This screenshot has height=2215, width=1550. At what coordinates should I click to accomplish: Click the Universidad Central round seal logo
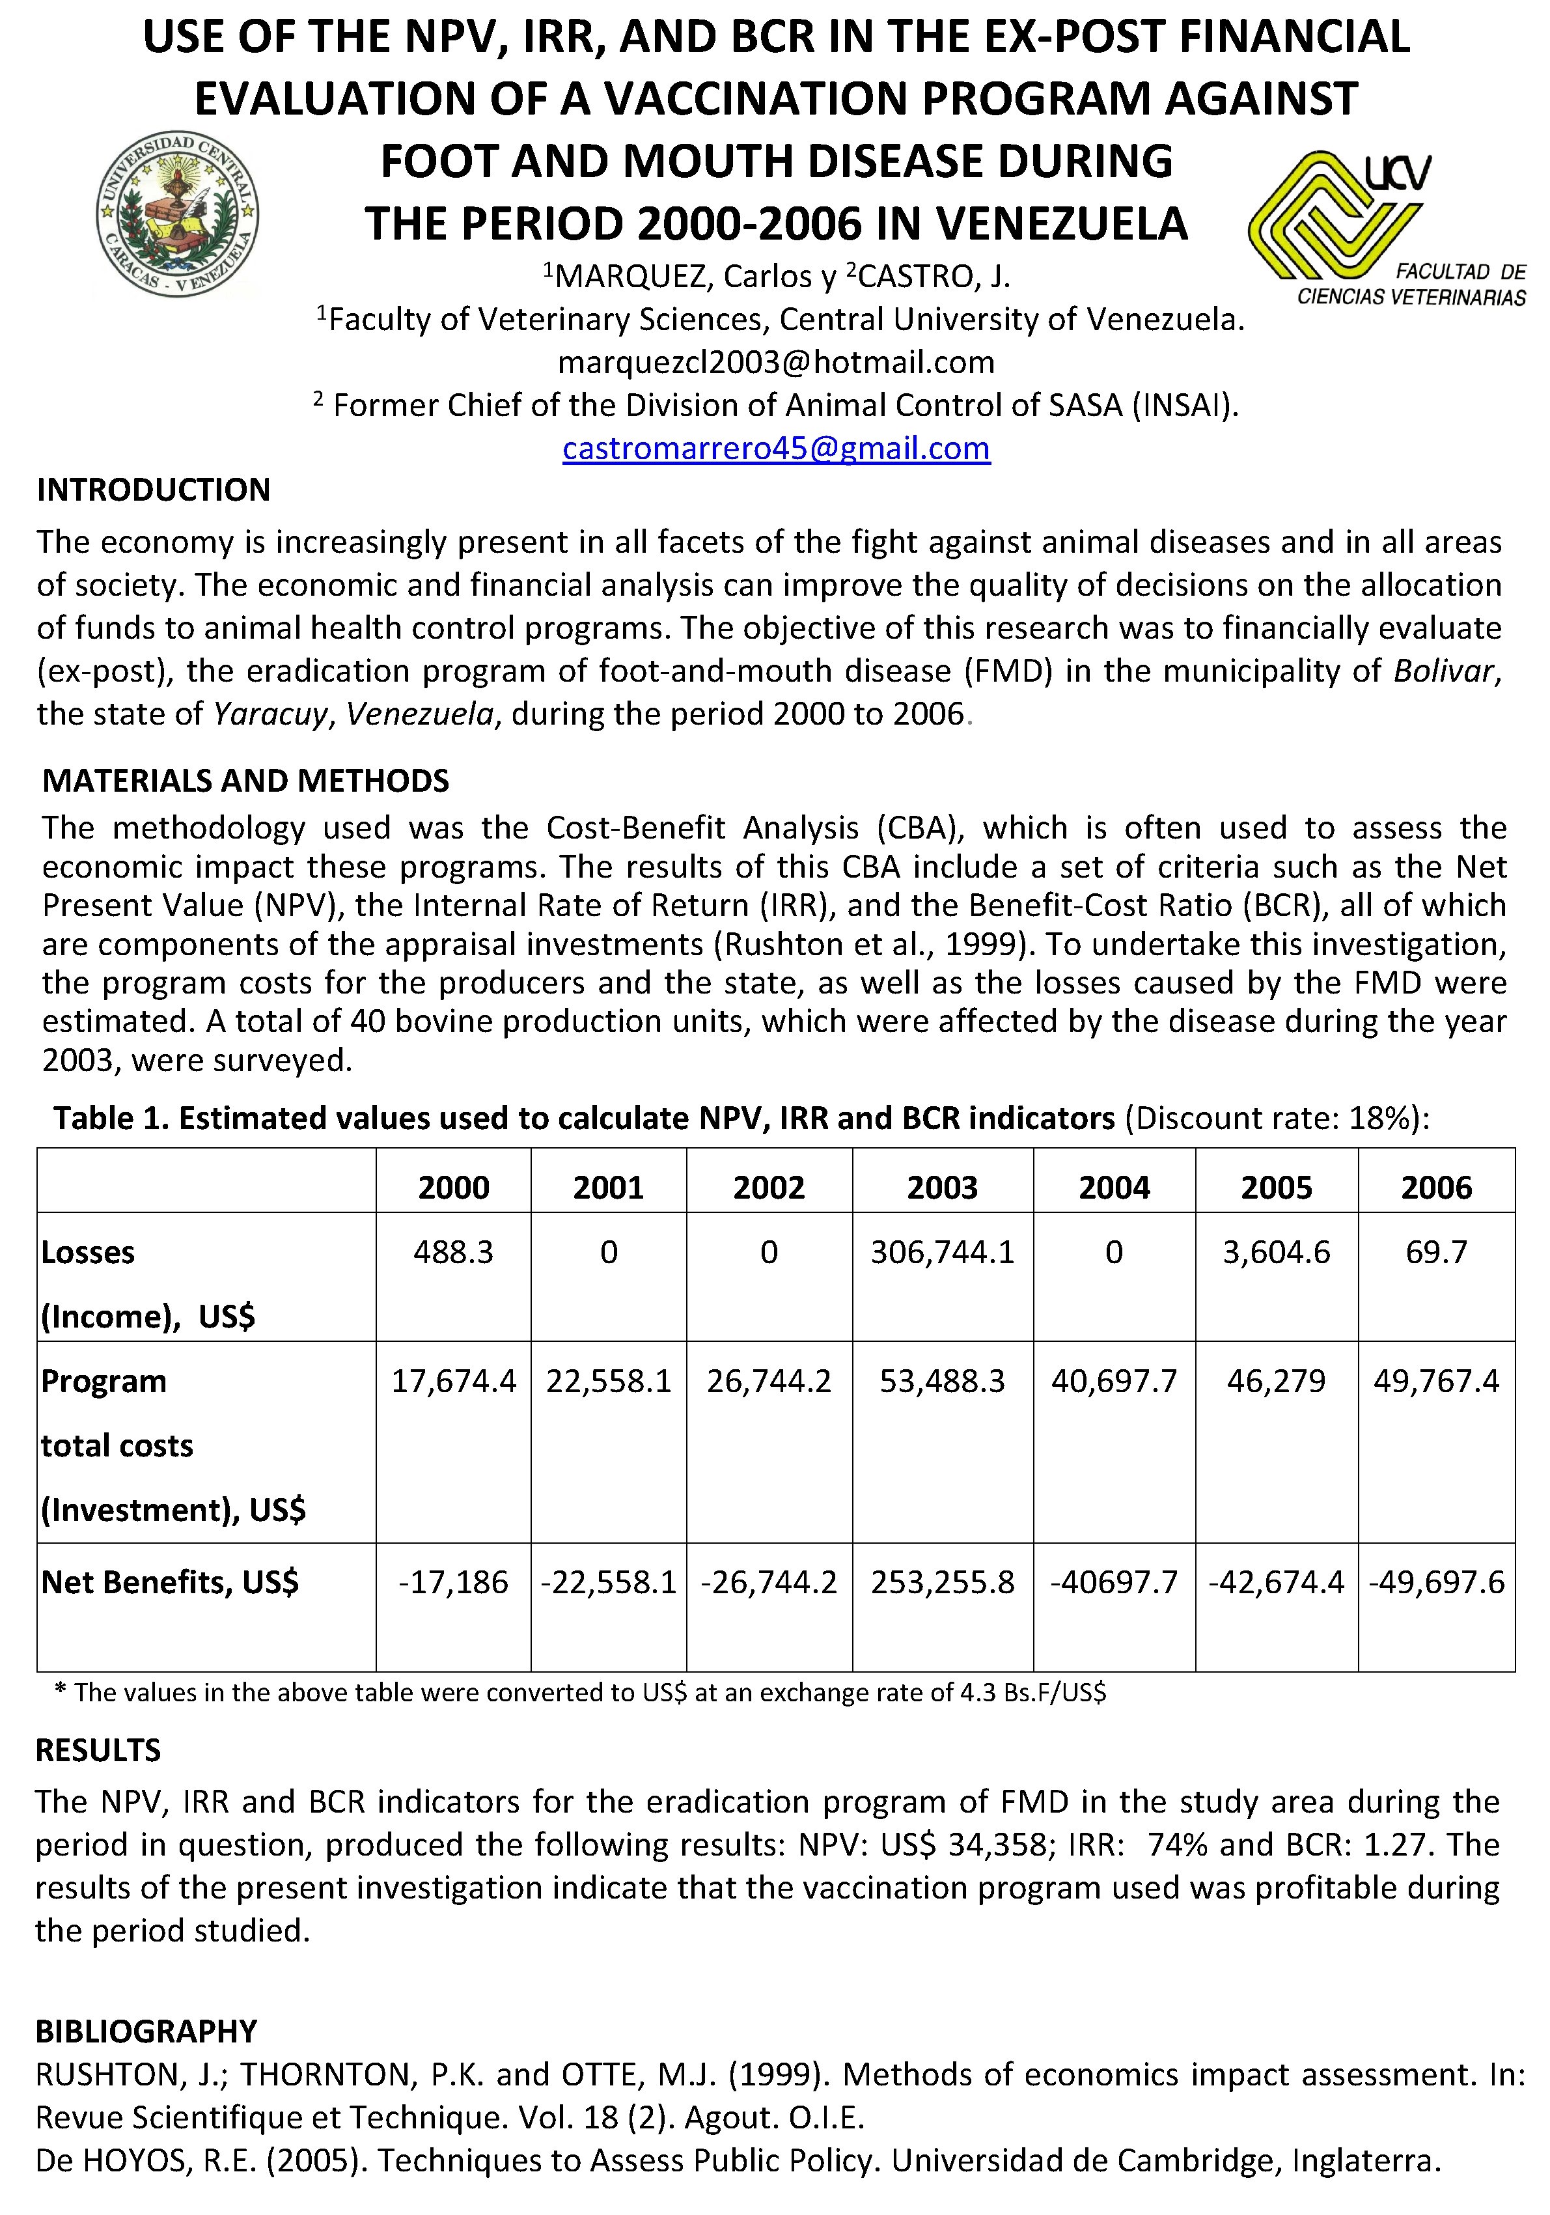(x=178, y=214)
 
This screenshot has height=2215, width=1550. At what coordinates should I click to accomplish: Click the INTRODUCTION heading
(x=154, y=490)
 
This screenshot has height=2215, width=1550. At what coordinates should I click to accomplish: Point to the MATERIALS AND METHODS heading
(x=246, y=781)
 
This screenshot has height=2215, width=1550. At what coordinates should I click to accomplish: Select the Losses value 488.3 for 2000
(x=452, y=1252)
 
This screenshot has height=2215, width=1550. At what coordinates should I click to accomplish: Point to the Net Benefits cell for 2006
(x=1435, y=1582)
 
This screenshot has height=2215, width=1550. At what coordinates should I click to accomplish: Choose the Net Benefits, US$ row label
(x=170, y=1582)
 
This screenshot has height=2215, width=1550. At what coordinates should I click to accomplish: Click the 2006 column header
(x=1435, y=1186)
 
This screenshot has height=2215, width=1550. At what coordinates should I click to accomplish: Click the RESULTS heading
(x=98, y=1750)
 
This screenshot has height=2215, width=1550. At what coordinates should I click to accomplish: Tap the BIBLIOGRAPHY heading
(x=146, y=2031)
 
